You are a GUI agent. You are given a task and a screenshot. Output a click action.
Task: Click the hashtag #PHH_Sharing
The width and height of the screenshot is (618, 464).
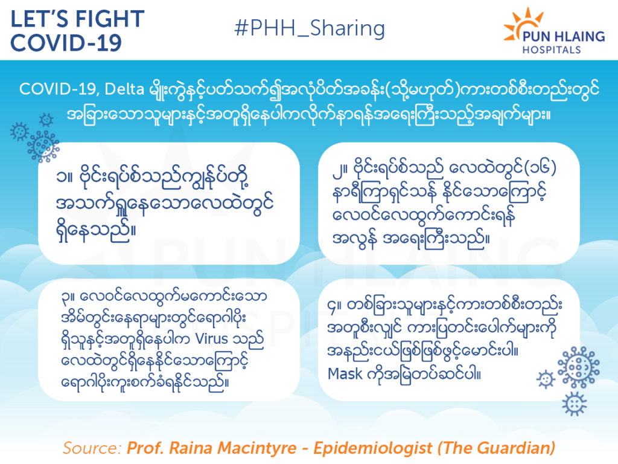[x=310, y=28]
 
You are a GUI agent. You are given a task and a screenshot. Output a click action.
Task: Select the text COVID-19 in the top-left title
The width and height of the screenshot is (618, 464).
[x=66, y=43]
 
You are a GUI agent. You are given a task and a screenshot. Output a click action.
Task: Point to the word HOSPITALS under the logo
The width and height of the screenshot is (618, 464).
[x=552, y=50]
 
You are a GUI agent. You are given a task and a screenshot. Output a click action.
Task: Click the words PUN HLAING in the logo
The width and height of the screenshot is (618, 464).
[x=564, y=37]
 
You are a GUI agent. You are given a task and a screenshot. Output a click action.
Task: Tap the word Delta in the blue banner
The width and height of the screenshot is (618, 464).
[x=124, y=89]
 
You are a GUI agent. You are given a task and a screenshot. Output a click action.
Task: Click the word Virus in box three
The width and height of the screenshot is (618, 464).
[x=212, y=339]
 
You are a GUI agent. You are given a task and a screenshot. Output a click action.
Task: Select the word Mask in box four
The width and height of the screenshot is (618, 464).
[x=345, y=373]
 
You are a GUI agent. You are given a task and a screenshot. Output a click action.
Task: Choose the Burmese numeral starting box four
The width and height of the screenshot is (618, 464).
[x=333, y=306]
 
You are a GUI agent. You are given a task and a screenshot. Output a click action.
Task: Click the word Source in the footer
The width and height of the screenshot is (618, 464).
[x=92, y=448]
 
